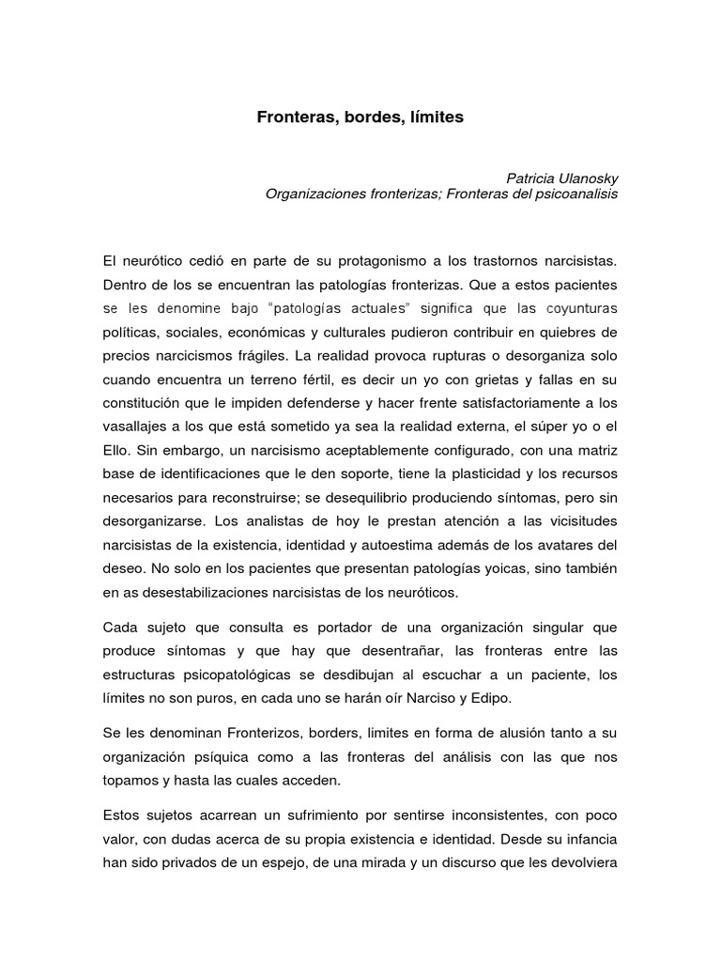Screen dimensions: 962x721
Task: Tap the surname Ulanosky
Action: tap(588, 178)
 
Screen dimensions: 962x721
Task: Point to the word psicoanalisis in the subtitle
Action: tap(575, 194)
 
